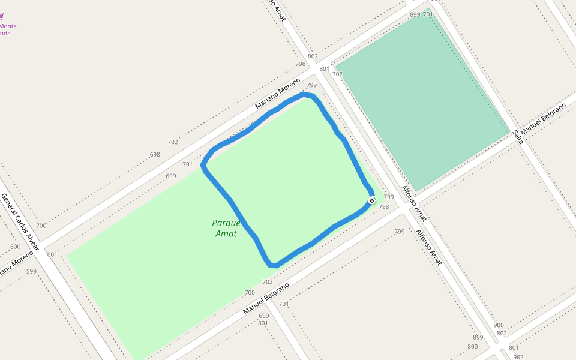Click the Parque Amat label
coord(226,228)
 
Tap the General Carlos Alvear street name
coord(20,221)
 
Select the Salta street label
coord(518,136)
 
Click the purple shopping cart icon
coord(2,16)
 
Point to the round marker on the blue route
coord(371,200)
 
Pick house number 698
coord(155,155)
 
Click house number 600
coord(16,247)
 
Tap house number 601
coord(52,254)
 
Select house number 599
coord(31,271)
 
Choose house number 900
coord(499,325)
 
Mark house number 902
coord(518,357)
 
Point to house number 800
coord(472,346)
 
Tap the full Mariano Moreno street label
coord(277,93)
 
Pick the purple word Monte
coord(8,26)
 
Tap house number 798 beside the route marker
coord(384,207)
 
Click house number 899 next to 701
coord(415,14)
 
